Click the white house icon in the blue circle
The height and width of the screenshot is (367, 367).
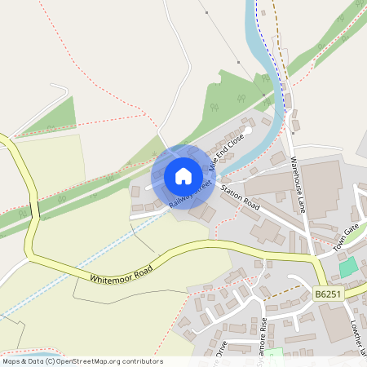[x=183, y=175]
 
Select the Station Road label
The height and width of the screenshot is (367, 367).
[x=241, y=197]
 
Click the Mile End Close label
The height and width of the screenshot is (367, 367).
[x=226, y=153]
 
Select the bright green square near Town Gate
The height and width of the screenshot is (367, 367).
[x=348, y=267]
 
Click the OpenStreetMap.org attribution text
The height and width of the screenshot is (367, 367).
[x=106, y=360]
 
